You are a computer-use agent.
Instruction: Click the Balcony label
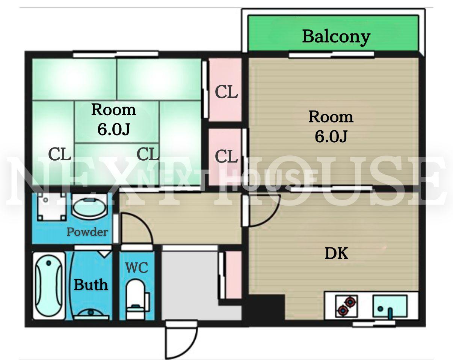click(336, 37)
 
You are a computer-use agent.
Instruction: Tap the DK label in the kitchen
click(336, 253)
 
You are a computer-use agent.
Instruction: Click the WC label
click(137, 268)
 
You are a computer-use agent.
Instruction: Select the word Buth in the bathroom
click(91, 285)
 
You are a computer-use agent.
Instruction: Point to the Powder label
click(87, 232)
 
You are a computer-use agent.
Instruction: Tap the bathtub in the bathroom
click(49, 286)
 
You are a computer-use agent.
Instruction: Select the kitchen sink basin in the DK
click(390, 306)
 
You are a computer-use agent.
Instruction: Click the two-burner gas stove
click(346, 306)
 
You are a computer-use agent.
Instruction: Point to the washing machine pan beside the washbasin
click(52, 207)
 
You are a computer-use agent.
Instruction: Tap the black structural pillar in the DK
click(266, 307)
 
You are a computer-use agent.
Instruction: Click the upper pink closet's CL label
click(226, 92)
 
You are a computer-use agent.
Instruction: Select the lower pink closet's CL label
click(226, 156)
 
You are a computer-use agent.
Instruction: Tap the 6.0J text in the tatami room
click(114, 129)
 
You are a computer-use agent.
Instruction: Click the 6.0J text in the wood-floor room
click(331, 136)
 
